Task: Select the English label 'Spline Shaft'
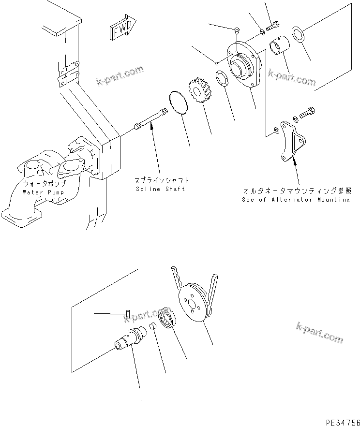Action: point(160,189)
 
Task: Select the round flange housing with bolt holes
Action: point(244,66)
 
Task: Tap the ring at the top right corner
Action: point(298,35)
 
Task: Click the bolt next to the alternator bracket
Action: point(308,113)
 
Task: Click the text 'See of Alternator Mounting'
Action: point(296,199)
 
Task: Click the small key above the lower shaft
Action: point(127,313)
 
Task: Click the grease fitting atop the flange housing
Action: point(236,30)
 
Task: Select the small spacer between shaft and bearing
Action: point(152,328)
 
